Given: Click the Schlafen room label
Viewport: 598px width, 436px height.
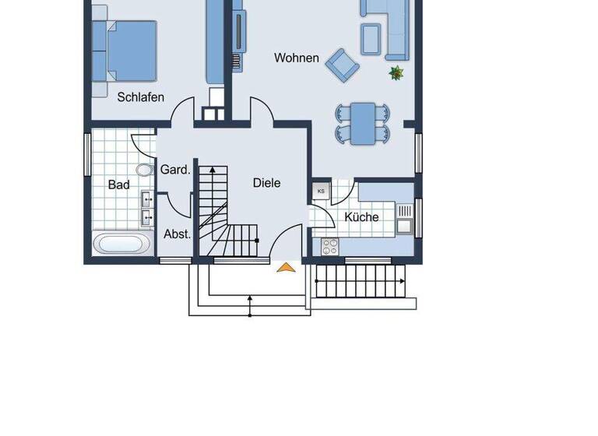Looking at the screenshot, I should tap(141, 97).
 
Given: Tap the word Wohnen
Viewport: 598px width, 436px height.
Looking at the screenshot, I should tap(296, 58).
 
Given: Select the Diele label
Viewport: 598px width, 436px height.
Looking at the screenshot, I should tap(266, 183).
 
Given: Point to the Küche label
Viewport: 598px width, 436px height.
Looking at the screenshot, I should tap(361, 217).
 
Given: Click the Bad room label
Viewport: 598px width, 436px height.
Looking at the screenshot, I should tap(119, 185).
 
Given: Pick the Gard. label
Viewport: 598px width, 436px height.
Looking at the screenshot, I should tap(175, 169).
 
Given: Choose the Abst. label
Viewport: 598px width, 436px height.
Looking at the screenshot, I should tap(177, 234).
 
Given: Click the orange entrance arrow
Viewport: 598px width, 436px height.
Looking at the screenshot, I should tap(286, 268).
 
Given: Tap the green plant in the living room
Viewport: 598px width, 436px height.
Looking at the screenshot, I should tap(397, 73).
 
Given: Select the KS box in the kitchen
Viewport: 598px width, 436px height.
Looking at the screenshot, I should tap(321, 190).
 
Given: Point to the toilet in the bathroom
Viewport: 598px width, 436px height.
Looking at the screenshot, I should tap(144, 170).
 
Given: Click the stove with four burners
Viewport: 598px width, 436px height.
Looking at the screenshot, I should tap(330, 247).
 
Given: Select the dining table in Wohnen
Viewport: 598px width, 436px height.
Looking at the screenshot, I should tap(362, 124).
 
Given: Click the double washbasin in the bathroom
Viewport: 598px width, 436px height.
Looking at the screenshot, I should tap(146, 206).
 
